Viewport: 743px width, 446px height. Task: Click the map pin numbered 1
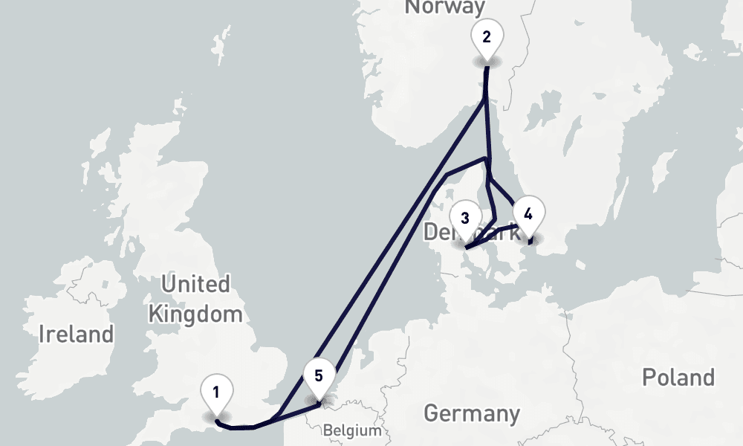point(216,394)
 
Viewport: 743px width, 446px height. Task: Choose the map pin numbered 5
point(319,378)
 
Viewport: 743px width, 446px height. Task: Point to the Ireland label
point(77,334)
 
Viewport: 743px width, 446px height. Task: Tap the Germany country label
point(471,413)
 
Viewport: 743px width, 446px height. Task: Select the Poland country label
point(678,378)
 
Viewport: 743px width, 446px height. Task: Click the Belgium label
point(352,430)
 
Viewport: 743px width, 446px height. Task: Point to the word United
point(195,284)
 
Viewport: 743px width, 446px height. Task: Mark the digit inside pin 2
point(487,36)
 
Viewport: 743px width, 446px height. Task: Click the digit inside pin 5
point(319,375)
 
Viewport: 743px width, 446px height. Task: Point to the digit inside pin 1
point(216,392)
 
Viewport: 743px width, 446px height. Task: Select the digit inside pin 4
point(528,214)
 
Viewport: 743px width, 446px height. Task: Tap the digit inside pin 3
point(465,219)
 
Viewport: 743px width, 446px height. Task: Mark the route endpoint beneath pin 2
point(487,68)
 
